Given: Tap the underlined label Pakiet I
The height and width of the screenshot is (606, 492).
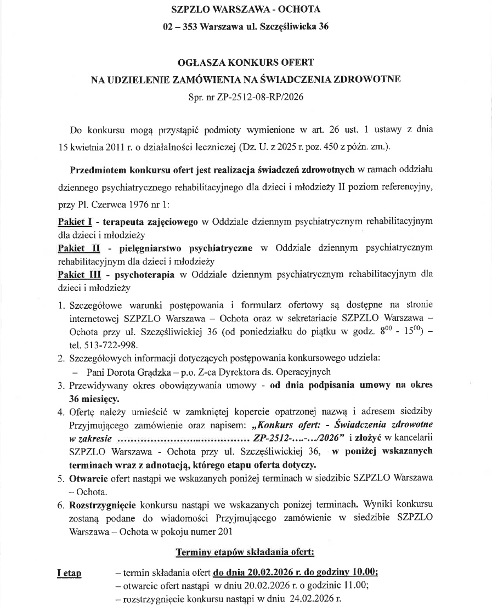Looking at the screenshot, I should coord(74,222).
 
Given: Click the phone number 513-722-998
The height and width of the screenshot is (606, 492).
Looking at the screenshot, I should coord(112,345).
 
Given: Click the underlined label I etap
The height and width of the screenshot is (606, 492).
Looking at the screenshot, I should coord(69,574).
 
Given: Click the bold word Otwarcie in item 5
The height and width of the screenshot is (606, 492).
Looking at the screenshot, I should coord(87,478).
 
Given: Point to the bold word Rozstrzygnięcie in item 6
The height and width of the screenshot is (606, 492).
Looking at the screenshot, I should coord(103,505).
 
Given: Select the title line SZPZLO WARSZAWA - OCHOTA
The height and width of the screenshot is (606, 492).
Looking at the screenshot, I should coord(246,9).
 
